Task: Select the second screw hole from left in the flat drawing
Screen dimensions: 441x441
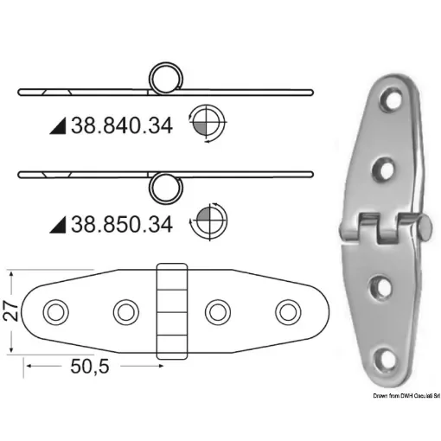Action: (x=125, y=310)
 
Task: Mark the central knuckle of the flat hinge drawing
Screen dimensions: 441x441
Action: (x=170, y=310)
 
